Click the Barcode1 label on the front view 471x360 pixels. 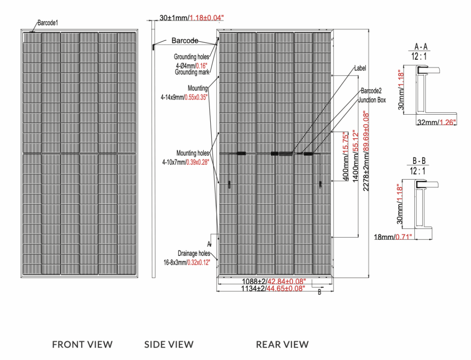click(48, 22)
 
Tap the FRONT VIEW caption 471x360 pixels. click(82, 344)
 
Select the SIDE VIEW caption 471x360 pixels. click(169, 344)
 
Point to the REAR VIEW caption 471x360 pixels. click(282, 344)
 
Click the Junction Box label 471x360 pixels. click(373, 100)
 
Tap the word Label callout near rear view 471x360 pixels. click(360, 68)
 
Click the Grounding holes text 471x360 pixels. click(191, 57)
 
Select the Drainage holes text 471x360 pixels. click(194, 253)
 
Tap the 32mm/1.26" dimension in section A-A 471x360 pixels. click(437, 122)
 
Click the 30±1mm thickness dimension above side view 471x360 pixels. click(191, 18)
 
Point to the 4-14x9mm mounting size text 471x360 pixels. click(184, 97)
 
